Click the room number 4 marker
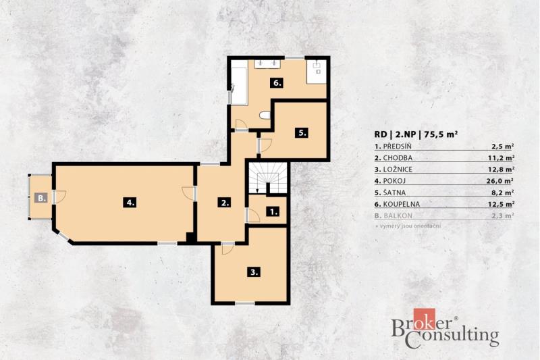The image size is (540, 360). tap(130, 202)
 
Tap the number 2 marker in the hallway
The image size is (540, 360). tap(225, 202)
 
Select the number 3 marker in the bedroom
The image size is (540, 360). tap(254, 272)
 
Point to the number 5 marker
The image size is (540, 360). tap(302, 132)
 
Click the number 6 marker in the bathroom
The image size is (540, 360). tap(277, 82)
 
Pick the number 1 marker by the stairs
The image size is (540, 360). tap(273, 211)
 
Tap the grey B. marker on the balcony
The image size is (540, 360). tap(41, 198)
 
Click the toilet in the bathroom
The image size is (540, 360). tap(265, 115)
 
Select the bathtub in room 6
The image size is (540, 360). tap(239, 86)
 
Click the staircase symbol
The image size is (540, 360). tap(267, 178)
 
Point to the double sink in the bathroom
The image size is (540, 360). tap(268, 64)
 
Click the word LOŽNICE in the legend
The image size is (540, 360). tap(398, 169)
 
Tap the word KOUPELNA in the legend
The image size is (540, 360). tap(401, 204)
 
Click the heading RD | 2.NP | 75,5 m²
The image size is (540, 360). tap(416, 134)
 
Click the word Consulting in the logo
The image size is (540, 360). tap(452, 336)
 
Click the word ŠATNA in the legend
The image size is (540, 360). tap(394, 192)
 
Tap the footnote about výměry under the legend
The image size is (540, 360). tap(408, 226)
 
